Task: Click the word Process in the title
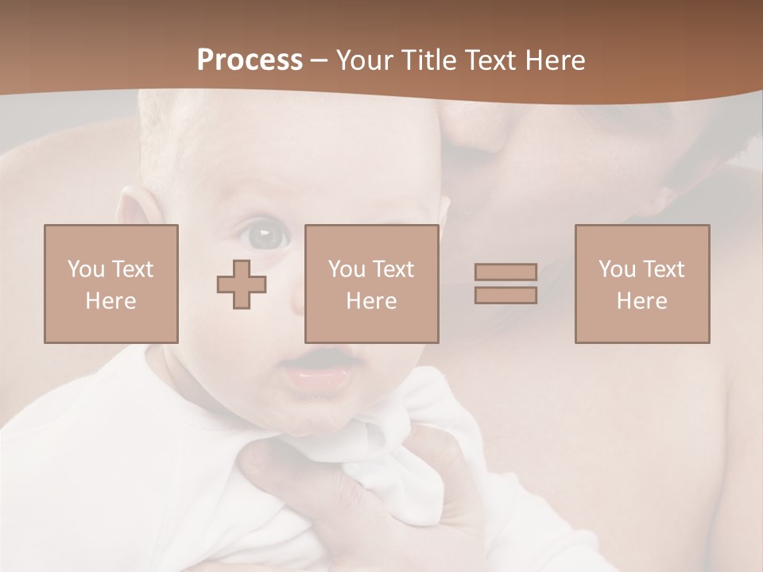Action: tap(250, 60)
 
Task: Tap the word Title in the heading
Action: tap(430, 60)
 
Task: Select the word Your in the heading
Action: tap(368, 60)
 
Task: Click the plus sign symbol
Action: tap(242, 284)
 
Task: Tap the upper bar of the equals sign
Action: tap(505, 272)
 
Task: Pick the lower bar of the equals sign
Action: tap(505, 296)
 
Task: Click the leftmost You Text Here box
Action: tap(111, 284)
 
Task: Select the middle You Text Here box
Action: tap(372, 284)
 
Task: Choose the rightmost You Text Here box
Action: tap(642, 284)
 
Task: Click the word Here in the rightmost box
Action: tap(642, 301)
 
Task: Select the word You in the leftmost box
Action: tap(86, 269)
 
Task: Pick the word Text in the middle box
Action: tap(393, 269)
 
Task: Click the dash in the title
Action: tap(320, 60)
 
